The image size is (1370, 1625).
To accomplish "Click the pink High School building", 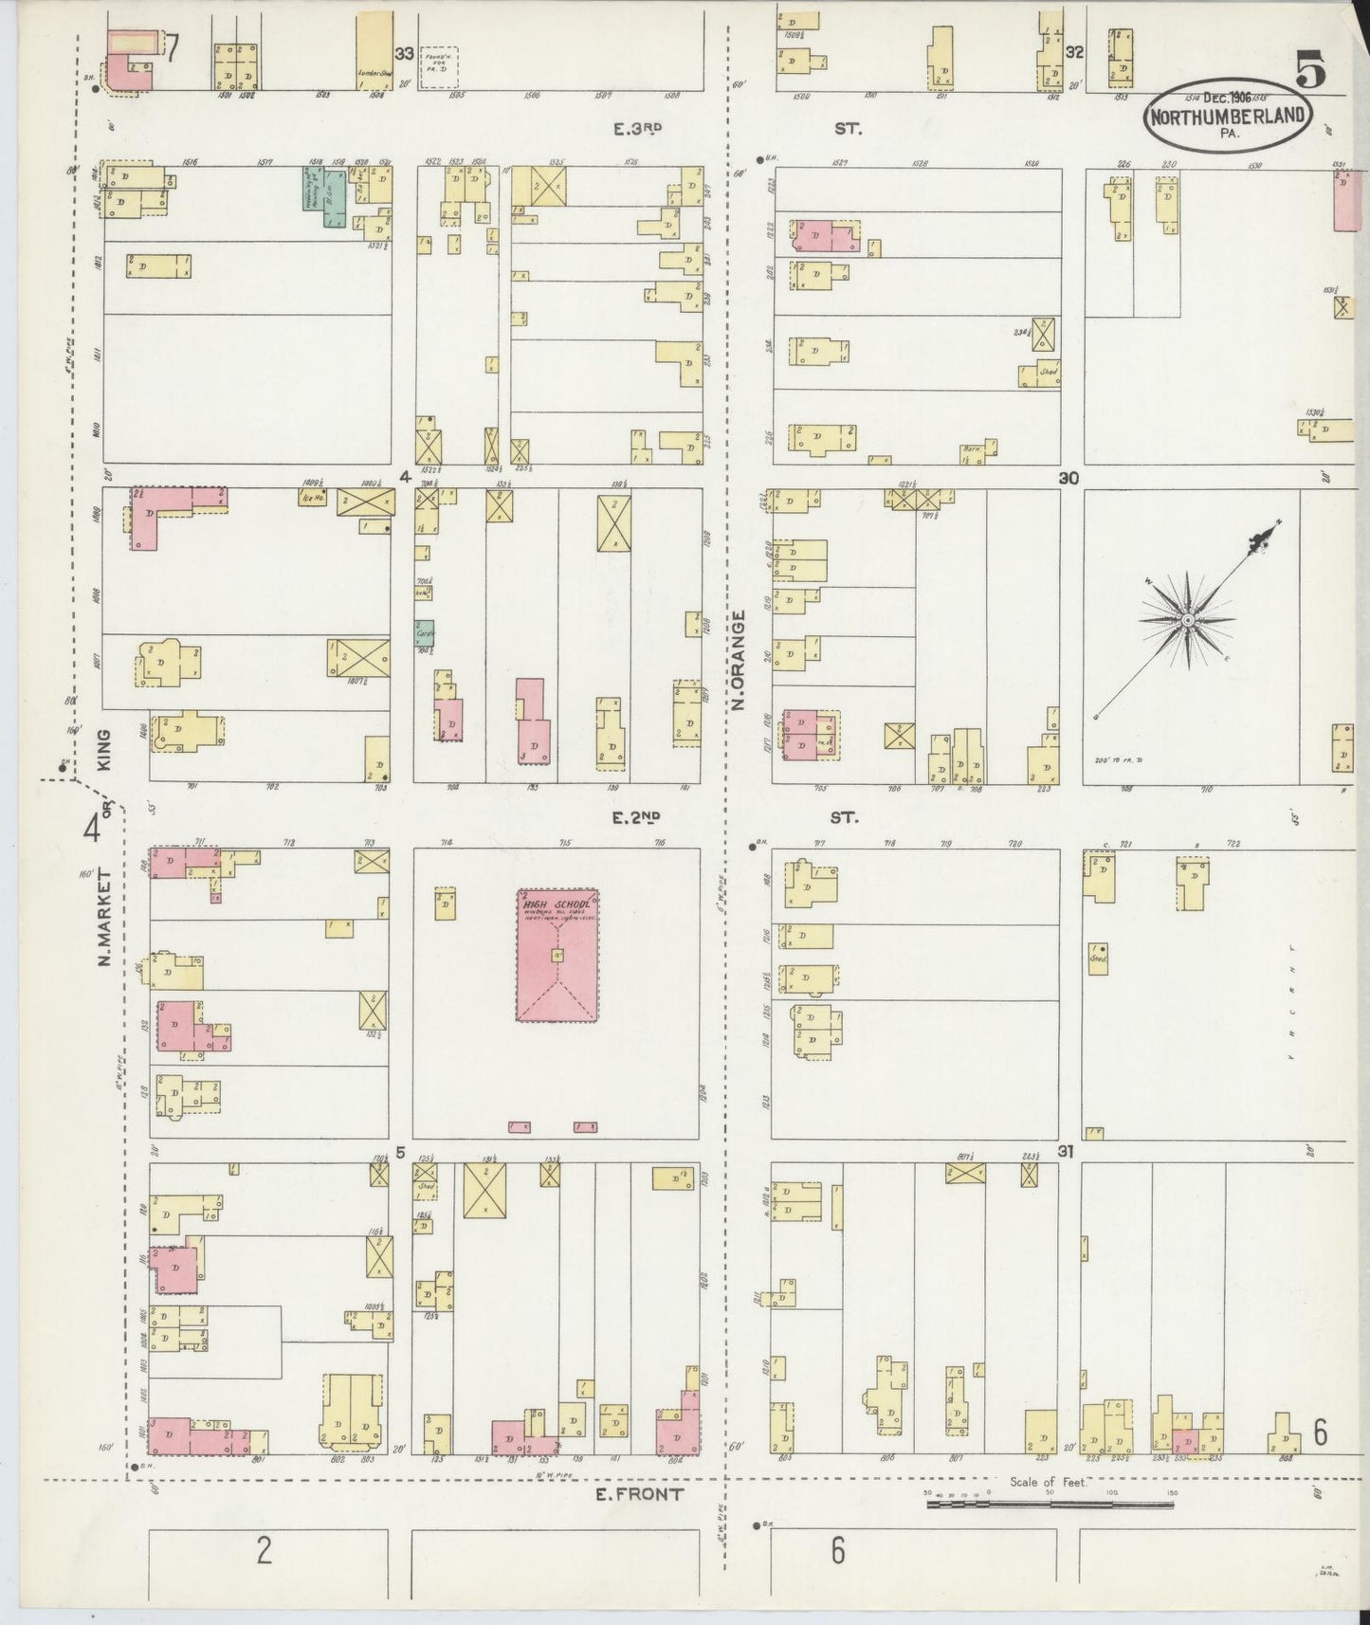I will [x=557, y=955].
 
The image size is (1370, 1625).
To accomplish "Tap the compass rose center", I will [x=1186, y=619].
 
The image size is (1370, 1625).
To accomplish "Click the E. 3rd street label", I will [x=636, y=130].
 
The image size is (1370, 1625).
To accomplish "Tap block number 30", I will [x=1070, y=479].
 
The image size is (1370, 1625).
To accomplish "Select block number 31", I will [x=1066, y=1152].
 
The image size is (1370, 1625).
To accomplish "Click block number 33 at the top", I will [x=405, y=54].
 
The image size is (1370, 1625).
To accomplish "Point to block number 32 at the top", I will [x=1073, y=52].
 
